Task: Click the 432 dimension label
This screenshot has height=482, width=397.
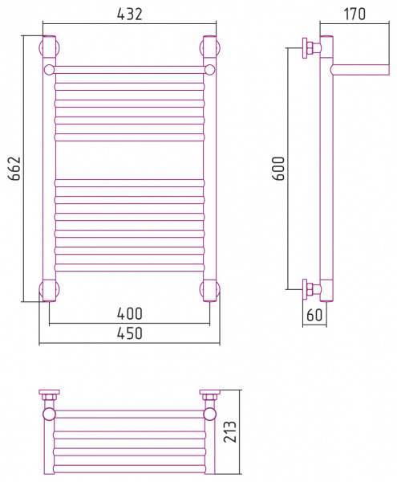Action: coord(130,14)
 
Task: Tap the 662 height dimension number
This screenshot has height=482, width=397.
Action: coord(14,168)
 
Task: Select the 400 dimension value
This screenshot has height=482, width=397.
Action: coord(130,313)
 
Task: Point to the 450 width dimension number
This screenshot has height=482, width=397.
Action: coord(130,333)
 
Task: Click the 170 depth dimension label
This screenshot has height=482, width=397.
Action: coord(354,14)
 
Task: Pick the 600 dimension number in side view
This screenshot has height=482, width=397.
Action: coord(279,168)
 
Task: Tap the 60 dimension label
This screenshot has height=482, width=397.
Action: coord(314,315)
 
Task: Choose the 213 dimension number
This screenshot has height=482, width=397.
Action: coord(230,432)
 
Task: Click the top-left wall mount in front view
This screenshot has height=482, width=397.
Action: coord(49,47)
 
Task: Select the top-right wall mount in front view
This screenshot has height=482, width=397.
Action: coord(210,47)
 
